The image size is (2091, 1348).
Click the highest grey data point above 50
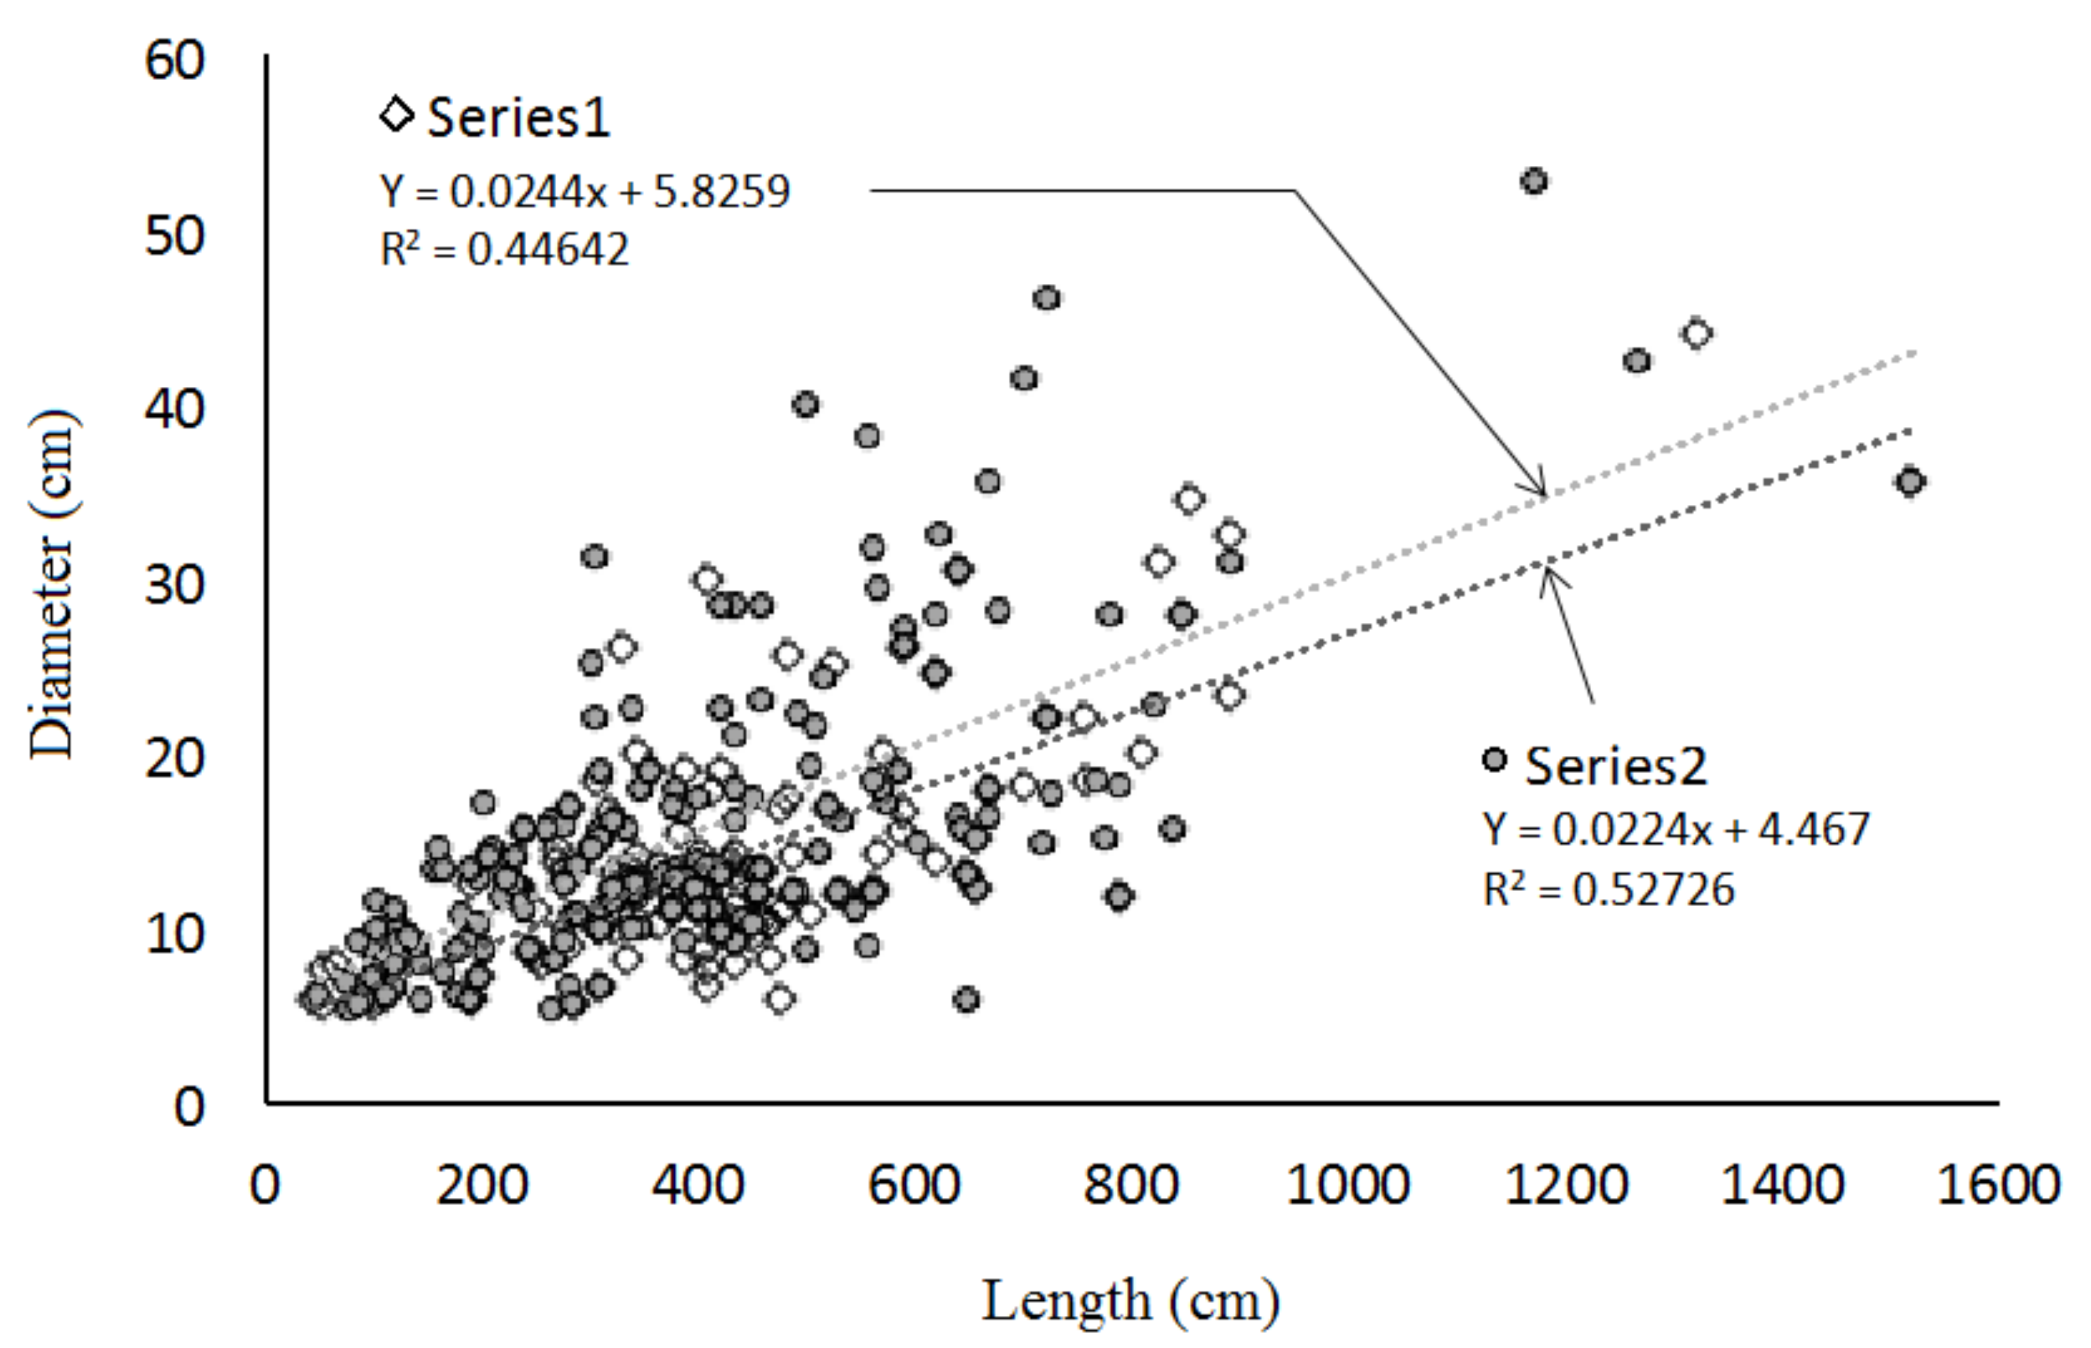point(1534,181)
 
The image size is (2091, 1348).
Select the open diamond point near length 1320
point(1697,334)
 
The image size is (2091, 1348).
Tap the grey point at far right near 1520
point(1910,481)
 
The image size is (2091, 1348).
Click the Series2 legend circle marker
point(1495,759)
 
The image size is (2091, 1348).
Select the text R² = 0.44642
point(504,250)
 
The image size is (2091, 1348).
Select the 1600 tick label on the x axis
point(1997,1185)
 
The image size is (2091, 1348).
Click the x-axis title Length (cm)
point(1129,1301)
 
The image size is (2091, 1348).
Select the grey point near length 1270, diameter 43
point(1636,361)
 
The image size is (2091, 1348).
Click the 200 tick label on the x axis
point(483,1185)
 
